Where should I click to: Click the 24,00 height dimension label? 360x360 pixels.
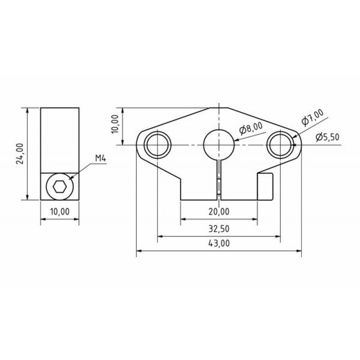tap(20, 153)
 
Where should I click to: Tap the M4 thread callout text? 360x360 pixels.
tap(100, 158)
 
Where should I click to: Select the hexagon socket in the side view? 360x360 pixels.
tap(60, 187)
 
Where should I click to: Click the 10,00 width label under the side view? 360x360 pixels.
tap(60, 211)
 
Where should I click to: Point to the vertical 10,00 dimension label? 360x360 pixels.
tap(116, 124)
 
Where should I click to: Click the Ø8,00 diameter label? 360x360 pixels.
tap(251, 129)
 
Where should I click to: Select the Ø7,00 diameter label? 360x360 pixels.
tap(312, 117)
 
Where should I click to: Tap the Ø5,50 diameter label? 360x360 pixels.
tap(328, 137)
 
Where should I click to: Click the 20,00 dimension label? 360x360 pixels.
tap(219, 211)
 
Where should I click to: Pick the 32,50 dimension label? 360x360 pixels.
tap(219, 229)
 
